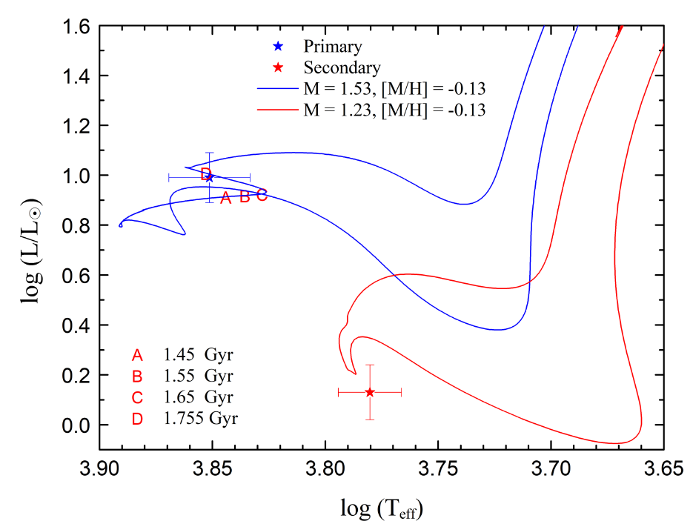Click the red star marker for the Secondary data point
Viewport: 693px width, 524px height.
click(x=370, y=392)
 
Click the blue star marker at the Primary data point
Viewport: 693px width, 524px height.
click(x=210, y=177)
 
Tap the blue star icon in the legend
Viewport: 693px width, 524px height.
click(x=277, y=47)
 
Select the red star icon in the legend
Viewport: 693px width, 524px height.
click(x=277, y=68)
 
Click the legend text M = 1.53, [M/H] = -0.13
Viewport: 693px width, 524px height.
click(x=395, y=90)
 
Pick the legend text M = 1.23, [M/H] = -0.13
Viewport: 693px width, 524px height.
click(x=395, y=111)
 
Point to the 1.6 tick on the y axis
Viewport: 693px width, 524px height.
click(x=76, y=27)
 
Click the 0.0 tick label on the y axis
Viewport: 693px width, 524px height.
click(x=76, y=425)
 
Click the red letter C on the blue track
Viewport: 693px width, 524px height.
click(x=262, y=196)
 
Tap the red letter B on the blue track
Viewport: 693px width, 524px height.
click(x=245, y=198)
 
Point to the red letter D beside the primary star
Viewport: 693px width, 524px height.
click(x=205, y=174)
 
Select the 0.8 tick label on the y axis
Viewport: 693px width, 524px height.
click(x=76, y=226)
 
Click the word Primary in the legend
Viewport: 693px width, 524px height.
click(x=333, y=47)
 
